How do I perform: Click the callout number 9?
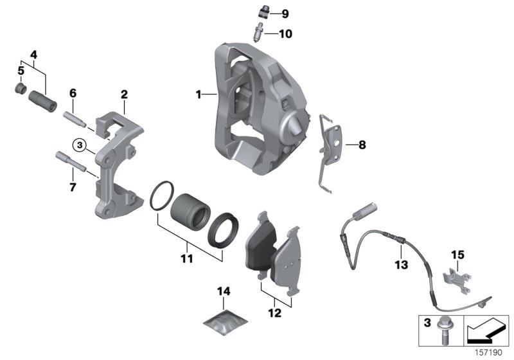[x=285, y=14]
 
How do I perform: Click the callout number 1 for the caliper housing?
[x=200, y=94]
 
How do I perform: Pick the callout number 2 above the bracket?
[x=124, y=94]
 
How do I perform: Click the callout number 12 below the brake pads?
[x=274, y=314]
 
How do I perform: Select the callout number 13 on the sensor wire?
[x=401, y=264]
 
